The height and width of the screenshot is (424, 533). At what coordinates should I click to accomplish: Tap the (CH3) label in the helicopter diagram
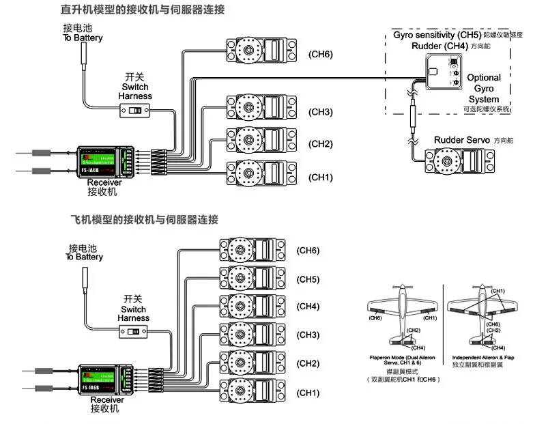(320, 112)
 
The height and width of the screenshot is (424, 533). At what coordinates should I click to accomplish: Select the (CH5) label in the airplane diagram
(308, 279)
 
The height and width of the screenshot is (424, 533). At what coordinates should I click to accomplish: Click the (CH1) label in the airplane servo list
(308, 393)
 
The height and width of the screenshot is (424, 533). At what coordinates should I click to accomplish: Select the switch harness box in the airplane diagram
(137, 331)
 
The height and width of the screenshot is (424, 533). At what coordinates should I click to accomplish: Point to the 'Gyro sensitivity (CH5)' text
(437, 34)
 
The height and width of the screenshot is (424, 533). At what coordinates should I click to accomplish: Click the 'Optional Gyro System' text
(484, 89)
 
